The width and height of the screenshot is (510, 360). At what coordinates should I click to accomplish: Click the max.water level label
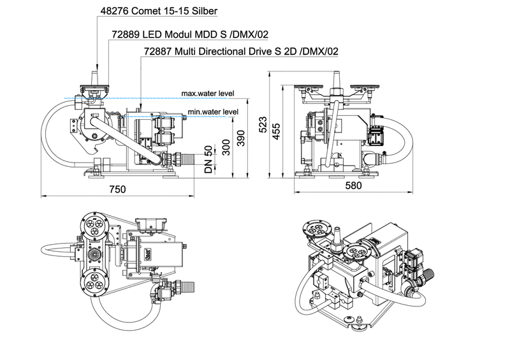tap(207, 93)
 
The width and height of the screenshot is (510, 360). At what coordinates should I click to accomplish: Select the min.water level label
tap(213, 112)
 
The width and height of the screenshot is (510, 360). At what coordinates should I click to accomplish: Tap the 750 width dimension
tap(117, 189)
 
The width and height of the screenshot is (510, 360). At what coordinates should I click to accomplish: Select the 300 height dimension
tap(225, 148)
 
